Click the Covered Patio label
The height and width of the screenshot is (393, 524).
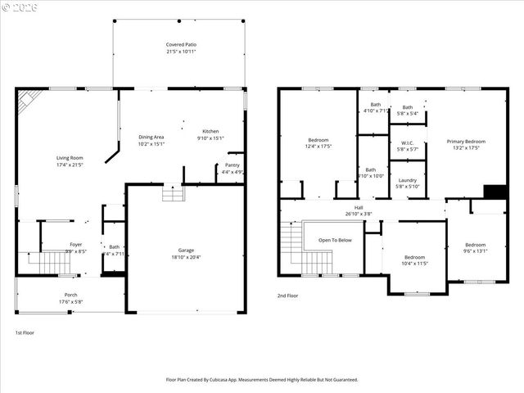(x=181, y=44)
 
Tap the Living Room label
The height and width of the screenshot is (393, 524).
(x=70, y=157)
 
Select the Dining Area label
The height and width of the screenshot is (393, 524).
(x=151, y=137)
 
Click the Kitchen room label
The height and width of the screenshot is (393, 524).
(x=210, y=131)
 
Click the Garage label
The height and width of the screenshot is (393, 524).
(x=186, y=250)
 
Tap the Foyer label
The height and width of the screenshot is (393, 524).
(x=75, y=244)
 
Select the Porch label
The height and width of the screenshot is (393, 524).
(x=71, y=296)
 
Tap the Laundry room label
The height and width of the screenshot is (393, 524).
(x=407, y=180)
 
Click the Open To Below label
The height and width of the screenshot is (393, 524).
(x=336, y=240)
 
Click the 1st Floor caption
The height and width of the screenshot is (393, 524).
(x=25, y=332)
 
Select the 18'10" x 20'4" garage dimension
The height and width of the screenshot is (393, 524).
(x=186, y=257)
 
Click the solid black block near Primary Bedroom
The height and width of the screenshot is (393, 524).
(x=495, y=192)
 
